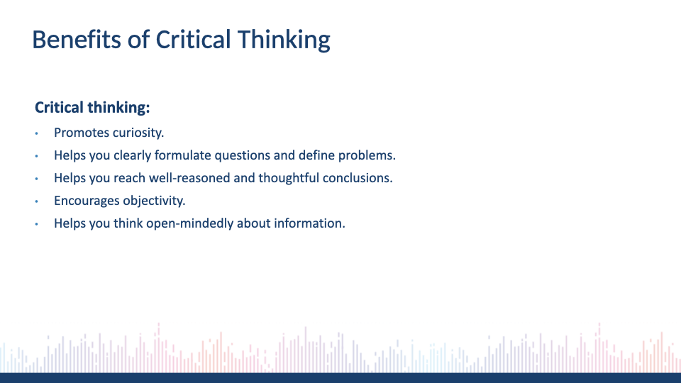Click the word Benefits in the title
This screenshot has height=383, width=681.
tap(77, 40)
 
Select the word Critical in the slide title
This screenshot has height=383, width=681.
tap(193, 40)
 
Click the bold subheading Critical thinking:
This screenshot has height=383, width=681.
tap(92, 107)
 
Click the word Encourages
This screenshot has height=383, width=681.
tap(87, 201)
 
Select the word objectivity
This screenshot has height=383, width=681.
tap(154, 201)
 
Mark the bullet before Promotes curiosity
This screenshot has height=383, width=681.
tap(36, 133)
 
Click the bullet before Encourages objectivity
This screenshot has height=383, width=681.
tap(36, 201)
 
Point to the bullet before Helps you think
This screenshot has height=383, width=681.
tap(36, 224)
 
